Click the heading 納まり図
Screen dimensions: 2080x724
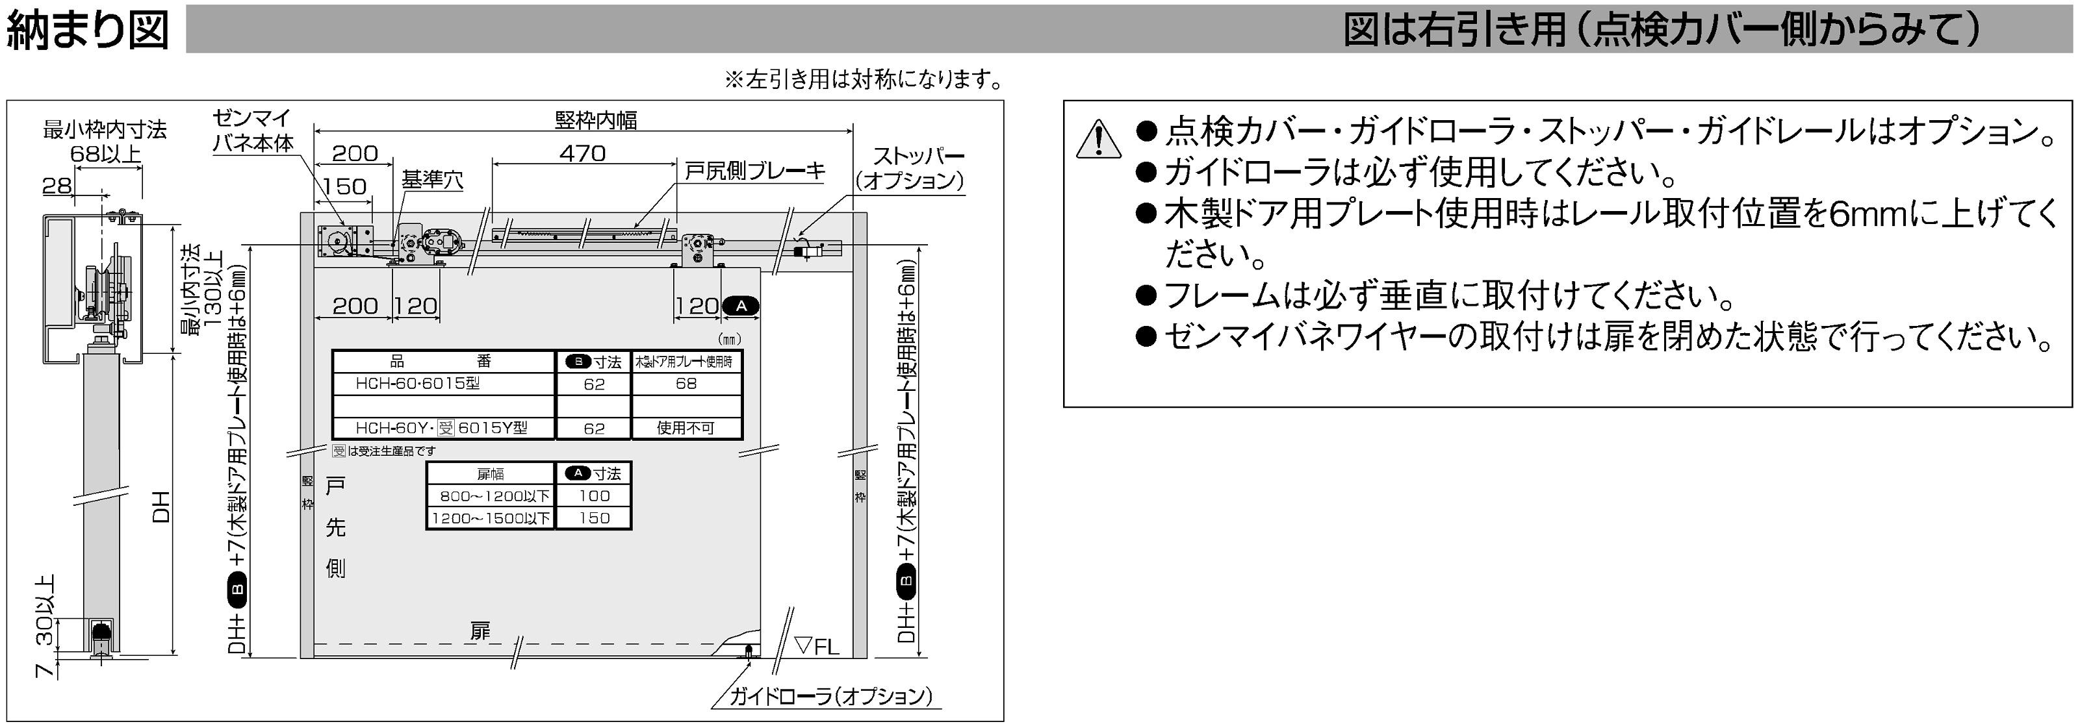[87, 30]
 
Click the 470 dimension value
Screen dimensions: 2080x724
[582, 153]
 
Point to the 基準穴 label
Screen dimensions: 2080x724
[433, 179]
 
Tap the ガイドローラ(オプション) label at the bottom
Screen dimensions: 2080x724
[831, 695]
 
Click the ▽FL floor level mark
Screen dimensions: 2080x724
[817, 645]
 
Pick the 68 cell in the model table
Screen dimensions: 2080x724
[686, 383]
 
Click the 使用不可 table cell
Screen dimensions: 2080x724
[686, 428]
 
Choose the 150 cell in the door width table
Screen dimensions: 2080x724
[595, 518]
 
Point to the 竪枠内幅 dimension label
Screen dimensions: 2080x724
[596, 119]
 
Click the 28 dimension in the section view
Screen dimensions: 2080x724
[57, 186]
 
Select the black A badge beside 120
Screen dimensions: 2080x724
[740, 306]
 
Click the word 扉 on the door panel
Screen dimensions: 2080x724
[480, 630]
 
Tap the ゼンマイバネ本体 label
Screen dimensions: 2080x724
[253, 131]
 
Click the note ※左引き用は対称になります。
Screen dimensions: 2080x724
[864, 79]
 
